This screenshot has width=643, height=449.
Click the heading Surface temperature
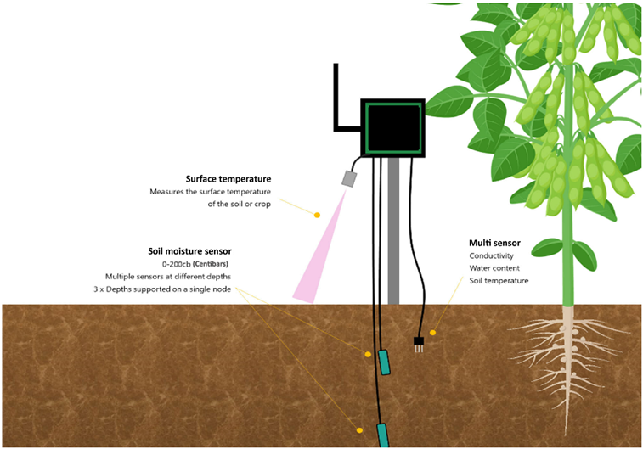(228, 178)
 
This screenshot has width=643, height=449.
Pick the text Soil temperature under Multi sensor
(499, 281)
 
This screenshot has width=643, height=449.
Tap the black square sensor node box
(392, 128)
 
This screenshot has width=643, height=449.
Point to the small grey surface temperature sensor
(349, 178)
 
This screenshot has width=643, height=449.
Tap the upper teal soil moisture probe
(385, 362)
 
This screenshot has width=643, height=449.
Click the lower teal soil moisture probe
(381, 435)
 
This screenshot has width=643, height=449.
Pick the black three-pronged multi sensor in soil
(418, 343)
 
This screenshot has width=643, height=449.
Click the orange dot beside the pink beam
(317, 215)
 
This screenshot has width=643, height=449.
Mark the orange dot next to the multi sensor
(432, 333)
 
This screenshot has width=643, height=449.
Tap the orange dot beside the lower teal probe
(360, 430)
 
